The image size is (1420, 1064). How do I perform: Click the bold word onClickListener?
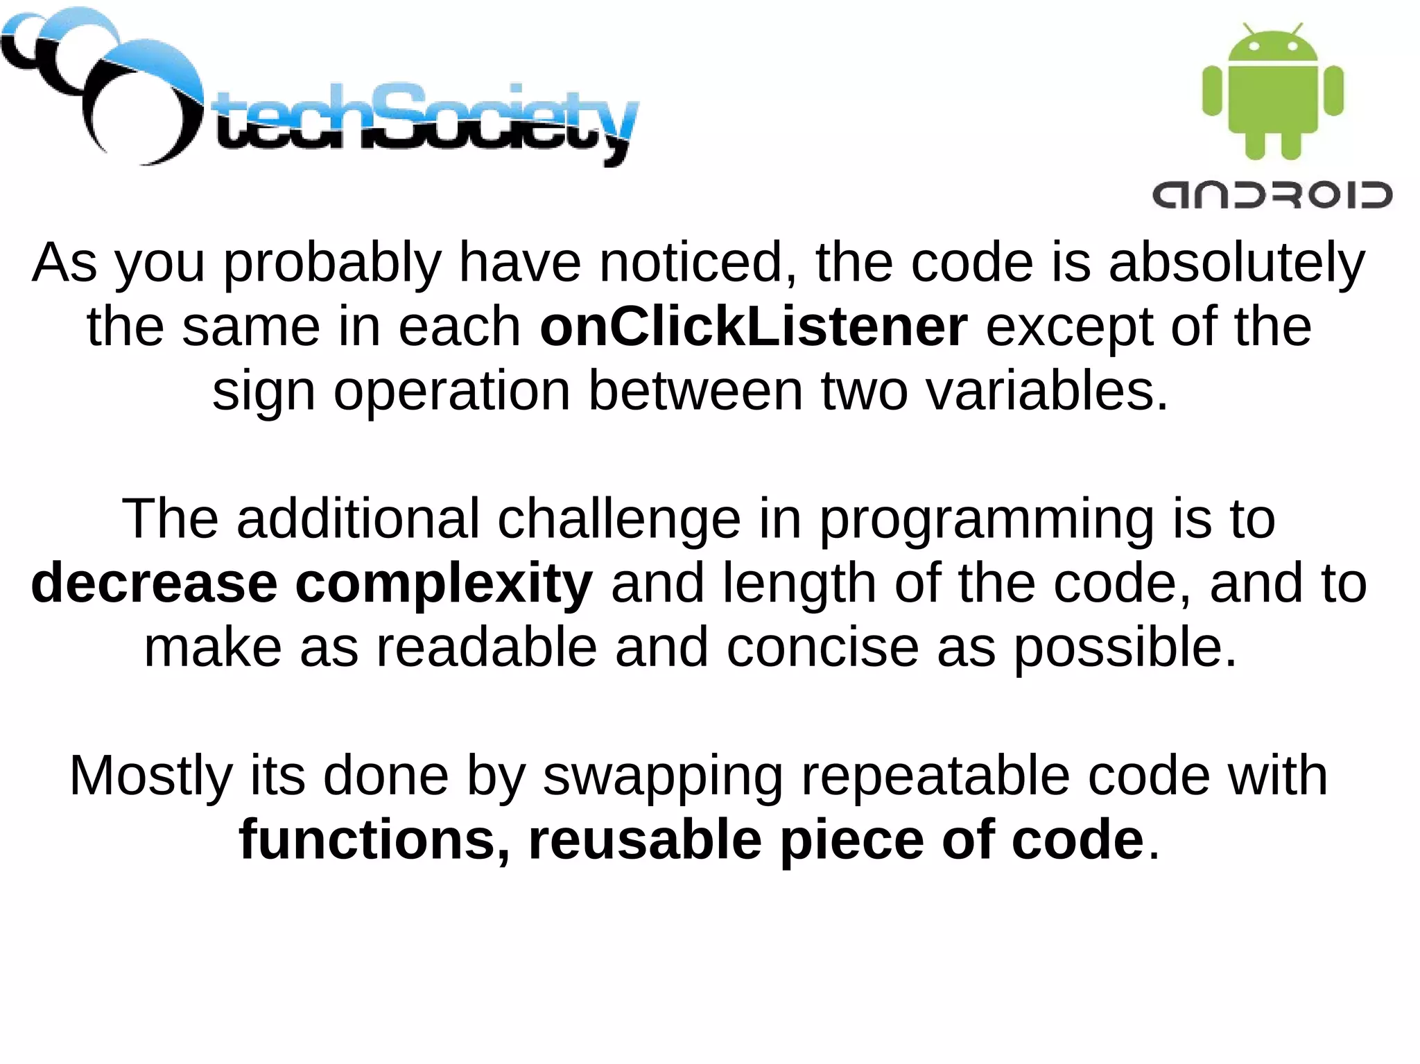[x=753, y=326]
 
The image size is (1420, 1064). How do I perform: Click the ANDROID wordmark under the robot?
[x=1272, y=195]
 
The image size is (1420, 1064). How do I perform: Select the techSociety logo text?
[x=424, y=121]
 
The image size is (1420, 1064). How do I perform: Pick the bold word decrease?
[x=154, y=584]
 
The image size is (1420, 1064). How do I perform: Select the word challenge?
[x=619, y=520]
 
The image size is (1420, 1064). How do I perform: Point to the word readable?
[x=486, y=647]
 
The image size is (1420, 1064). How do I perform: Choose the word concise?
[x=822, y=647]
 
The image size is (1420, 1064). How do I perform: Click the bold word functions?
[x=374, y=839]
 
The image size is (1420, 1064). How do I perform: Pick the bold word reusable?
[x=645, y=839]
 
